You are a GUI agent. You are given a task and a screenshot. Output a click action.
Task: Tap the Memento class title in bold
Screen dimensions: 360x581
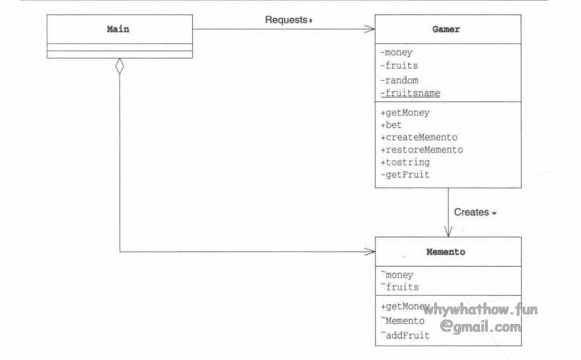click(447, 253)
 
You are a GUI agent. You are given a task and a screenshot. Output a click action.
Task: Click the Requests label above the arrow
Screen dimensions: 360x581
click(288, 20)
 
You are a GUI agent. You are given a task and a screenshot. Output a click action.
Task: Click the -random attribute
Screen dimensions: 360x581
click(400, 80)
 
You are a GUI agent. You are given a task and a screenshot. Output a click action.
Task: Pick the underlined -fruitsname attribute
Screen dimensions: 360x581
click(410, 93)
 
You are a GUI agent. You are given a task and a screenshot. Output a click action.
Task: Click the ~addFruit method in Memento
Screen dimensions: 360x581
click(405, 334)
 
